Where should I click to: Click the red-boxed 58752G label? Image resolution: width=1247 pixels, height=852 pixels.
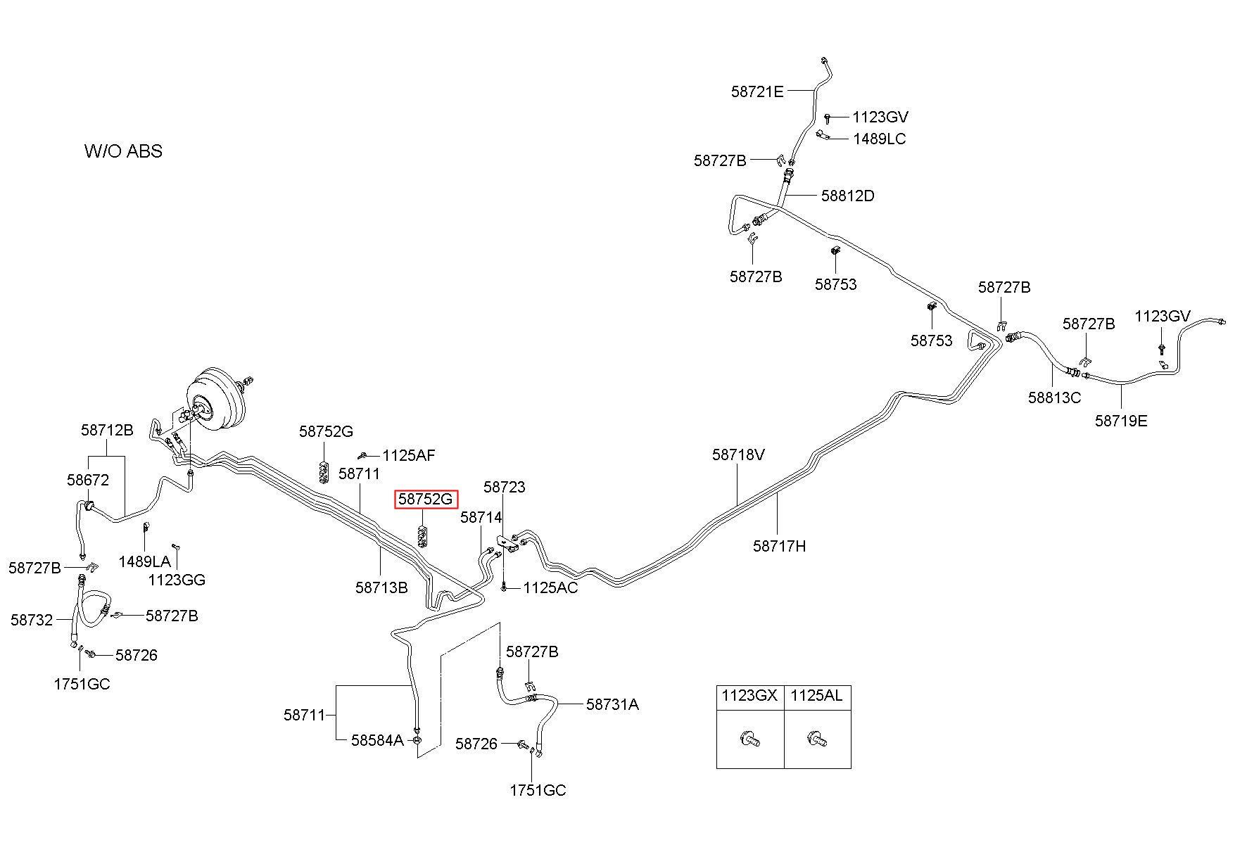click(426, 500)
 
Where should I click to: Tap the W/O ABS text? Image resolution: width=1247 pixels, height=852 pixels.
click(123, 151)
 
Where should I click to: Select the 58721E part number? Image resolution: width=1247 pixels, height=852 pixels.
click(757, 91)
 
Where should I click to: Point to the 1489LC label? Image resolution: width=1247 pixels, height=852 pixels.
click(879, 139)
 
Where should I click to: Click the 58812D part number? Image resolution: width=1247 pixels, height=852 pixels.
click(847, 196)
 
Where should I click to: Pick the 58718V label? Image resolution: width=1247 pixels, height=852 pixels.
click(738, 454)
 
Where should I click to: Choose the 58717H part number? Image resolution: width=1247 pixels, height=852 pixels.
click(779, 545)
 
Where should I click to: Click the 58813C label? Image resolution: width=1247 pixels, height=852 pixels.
click(1054, 398)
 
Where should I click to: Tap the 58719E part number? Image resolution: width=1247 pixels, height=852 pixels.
click(1121, 421)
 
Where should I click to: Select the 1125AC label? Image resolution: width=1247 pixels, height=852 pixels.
click(550, 587)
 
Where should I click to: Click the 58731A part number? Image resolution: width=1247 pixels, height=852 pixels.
click(612, 704)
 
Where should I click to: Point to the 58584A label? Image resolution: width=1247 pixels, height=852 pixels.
click(377, 739)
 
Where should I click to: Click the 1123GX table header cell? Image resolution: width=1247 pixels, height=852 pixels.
click(749, 696)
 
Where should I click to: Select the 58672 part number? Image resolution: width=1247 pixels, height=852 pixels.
click(88, 480)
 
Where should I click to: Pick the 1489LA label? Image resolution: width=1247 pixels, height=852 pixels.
click(144, 561)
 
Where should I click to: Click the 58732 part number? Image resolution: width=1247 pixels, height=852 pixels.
click(32, 620)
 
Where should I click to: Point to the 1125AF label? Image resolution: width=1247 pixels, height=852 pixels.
click(408, 455)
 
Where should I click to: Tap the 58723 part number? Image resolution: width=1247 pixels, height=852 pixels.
click(504, 487)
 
